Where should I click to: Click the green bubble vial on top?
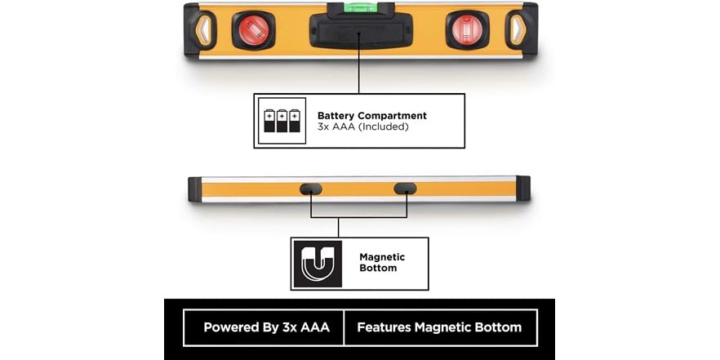click(x=361, y=7)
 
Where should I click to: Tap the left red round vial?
click(x=253, y=30)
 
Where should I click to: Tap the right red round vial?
click(x=467, y=30)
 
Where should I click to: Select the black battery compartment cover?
click(x=361, y=31)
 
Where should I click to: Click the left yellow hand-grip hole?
click(x=203, y=30)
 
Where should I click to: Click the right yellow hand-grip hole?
click(x=517, y=30)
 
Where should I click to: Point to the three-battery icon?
click(x=282, y=120)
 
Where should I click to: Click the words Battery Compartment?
click(x=372, y=116)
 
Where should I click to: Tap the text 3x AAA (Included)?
click(x=362, y=127)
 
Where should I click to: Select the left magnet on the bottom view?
click(x=311, y=189)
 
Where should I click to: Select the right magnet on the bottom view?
click(x=406, y=189)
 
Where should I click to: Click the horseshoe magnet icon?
click(x=318, y=264)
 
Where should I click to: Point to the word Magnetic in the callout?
click(x=382, y=257)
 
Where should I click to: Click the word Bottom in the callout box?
click(x=378, y=268)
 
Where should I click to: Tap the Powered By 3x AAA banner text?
click(x=266, y=327)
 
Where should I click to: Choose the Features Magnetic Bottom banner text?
click(x=439, y=327)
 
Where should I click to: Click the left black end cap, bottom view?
click(x=194, y=189)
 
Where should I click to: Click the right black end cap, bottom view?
click(x=523, y=189)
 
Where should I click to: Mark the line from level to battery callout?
click(x=359, y=71)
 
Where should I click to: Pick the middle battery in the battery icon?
click(x=282, y=120)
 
